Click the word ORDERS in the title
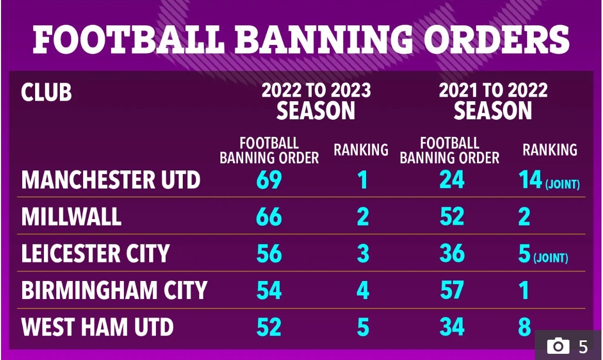point(497,40)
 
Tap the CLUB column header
point(46,92)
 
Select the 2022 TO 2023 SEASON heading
point(316,101)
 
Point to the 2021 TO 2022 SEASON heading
point(493,101)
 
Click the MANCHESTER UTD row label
point(111,180)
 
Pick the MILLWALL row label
point(71,216)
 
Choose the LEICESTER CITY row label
point(96,254)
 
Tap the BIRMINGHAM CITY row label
point(114,290)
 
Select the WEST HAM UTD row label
point(97,327)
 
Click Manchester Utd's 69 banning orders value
point(269,180)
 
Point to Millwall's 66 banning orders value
point(269,216)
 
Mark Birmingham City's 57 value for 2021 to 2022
point(452,290)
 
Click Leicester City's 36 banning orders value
point(452,254)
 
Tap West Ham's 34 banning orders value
point(452,327)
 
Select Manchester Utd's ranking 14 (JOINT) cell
point(549,180)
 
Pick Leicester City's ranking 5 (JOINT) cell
point(543,254)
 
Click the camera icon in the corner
point(559,346)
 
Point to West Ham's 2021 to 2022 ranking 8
point(525,327)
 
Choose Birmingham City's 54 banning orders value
point(269,290)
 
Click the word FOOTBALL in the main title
point(129,40)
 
